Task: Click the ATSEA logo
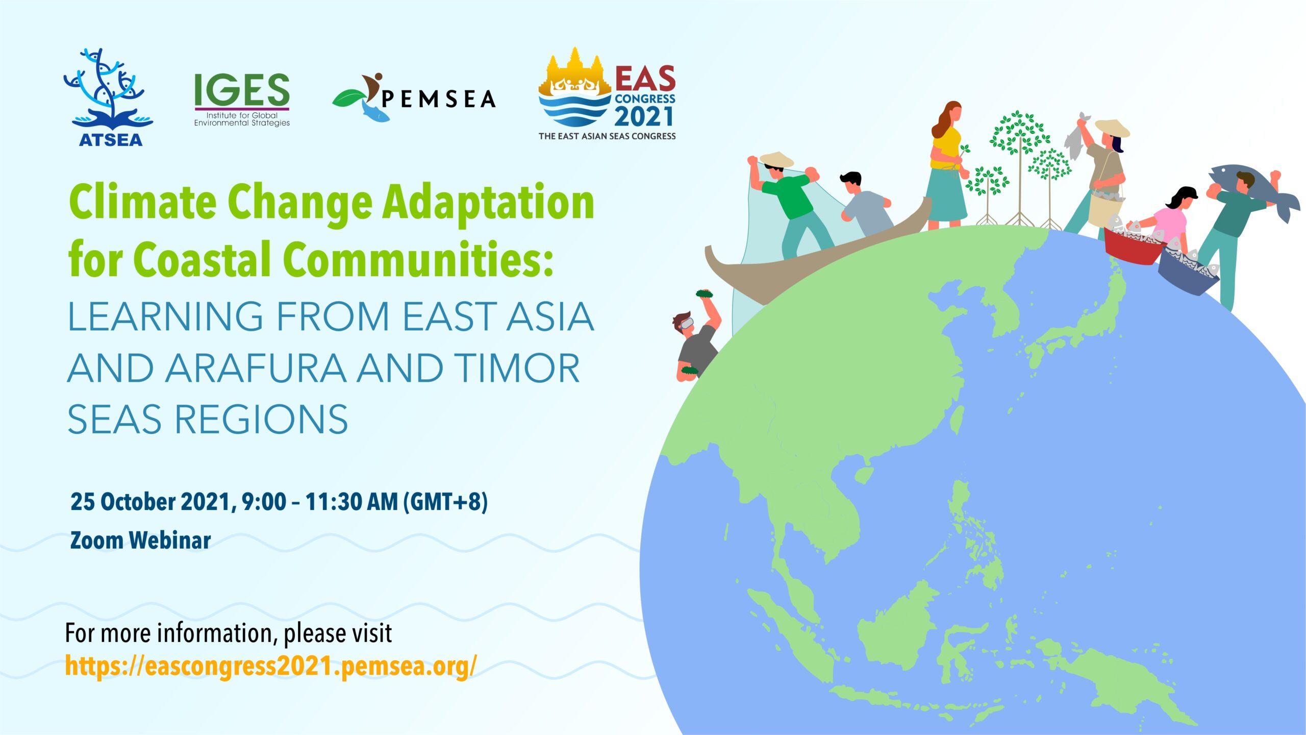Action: tap(109, 97)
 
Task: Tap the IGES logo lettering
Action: tap(242, 90)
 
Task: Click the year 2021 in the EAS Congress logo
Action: tap(644, 116)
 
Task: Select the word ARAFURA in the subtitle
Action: tap(256, 368)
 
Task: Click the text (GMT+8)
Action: tap(445, 502)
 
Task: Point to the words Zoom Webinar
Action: tap(140, 540)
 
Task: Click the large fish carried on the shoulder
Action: tap(1254, 189)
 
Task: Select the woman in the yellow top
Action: tap(947, 165)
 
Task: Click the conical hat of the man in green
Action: tap(776, 159)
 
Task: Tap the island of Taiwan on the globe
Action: tap(958, 420)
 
